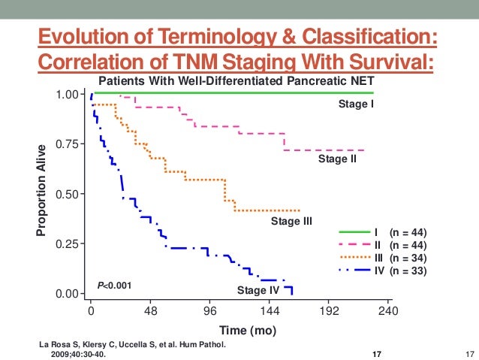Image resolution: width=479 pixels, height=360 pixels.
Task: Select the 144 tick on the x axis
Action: [270, 310]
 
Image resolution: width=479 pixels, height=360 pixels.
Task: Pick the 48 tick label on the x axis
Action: [150, 310]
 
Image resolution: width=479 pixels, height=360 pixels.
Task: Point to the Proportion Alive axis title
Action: [43, 190]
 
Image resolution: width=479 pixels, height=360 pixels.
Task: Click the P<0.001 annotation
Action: [114, 285]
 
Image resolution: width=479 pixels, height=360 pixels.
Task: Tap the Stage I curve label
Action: [356, 104]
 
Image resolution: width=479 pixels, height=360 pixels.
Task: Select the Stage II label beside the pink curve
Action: [337, 159]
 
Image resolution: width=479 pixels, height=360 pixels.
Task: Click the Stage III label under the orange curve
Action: [291, 221]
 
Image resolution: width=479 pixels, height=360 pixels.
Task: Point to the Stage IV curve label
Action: [258, 290]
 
